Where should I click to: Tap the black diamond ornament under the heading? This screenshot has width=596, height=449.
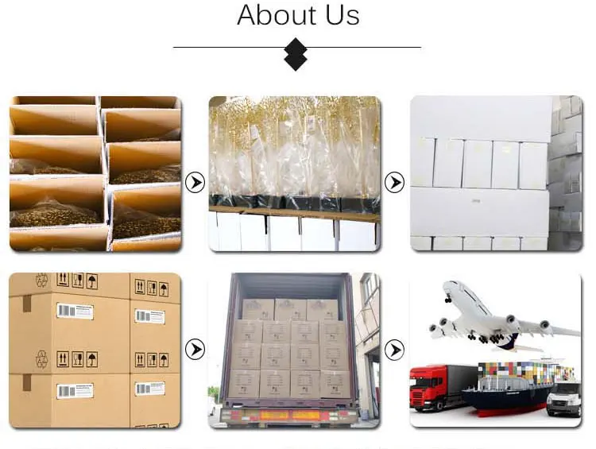coord(296,55)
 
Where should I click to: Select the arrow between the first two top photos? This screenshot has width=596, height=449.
coord(195,183)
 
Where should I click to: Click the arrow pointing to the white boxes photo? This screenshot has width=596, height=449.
coord(394,183)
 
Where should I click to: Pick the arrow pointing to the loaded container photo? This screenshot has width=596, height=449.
coord(195,349)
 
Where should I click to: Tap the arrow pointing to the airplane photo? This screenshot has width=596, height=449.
coord(394,349)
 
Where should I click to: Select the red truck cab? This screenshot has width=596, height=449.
coord(428,388)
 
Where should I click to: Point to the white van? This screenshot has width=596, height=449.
coord(564,397)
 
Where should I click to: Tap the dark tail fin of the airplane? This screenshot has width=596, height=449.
coord(506,342)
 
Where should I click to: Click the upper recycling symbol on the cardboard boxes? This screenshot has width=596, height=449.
coord(41,279)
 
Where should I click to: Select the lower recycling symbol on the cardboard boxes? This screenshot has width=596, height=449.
coord(41,358)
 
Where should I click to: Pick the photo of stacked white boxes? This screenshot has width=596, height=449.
coord(495,173)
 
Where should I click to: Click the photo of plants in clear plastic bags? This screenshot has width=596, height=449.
coord(295,173)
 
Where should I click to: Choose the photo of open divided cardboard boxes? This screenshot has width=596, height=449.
coord(95,173)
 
